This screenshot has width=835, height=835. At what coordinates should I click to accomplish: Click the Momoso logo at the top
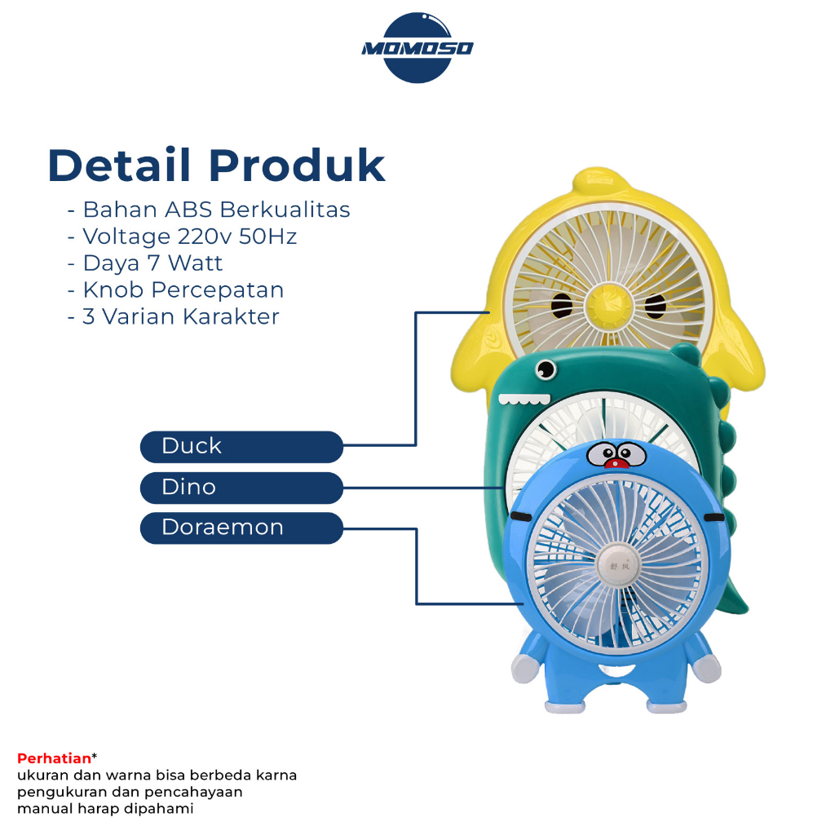point(417,48)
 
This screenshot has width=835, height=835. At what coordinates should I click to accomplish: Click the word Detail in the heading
point(119,165)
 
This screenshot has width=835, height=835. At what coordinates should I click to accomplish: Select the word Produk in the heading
point(297,165)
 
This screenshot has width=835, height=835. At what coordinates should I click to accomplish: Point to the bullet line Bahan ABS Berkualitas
point(209,210)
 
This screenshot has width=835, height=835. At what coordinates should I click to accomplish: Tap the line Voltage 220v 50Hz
point(182,236)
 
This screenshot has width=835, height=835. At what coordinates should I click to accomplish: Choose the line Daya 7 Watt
point(145,263)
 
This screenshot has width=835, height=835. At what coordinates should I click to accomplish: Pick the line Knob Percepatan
point(176,290)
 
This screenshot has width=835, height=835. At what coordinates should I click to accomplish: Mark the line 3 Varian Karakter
point(173,317)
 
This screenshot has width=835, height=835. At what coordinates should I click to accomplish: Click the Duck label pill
point(241,446)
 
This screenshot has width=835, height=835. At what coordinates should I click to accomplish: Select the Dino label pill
point(241,488)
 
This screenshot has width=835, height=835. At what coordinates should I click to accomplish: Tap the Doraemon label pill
point(241,528)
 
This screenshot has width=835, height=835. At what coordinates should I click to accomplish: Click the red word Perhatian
point(54,758)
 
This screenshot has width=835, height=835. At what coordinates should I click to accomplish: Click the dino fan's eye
point(546,369)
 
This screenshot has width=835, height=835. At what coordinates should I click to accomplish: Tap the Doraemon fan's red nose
point(616,462)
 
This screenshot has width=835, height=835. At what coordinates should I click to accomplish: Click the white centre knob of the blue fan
point(618,566)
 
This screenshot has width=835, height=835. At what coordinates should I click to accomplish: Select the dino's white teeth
point(524,400)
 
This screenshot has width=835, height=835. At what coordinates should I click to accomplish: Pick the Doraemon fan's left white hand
point(524,669)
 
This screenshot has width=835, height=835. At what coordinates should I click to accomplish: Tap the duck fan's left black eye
point(561,306)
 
